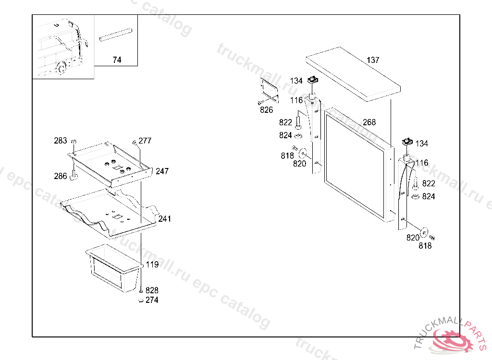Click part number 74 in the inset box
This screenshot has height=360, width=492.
tap(117, 60)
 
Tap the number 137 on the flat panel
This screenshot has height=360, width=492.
tap(373, 60)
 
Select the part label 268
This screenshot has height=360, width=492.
tap(369, 122)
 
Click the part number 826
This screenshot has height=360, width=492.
tap(266, 110)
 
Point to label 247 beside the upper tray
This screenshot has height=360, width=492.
tap(162, 171)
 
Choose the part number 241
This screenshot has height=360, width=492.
tap(164, 218)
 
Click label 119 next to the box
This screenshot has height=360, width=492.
tap(152, 264)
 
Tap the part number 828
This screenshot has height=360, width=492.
tap(152, 290)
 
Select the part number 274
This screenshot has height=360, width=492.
tap(152, 300)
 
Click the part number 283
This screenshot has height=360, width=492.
tap(61, 141)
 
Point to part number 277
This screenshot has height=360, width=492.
tap(145, 141)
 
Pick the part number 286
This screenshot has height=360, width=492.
tap(61, 176)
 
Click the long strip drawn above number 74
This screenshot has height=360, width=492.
tap(116, 35)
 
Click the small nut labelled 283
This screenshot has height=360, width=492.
tap(74, 142)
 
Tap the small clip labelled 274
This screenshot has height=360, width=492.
tap(141, 301)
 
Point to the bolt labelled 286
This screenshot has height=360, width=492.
tap(74, 176)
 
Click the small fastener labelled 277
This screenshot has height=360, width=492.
tap(135, 143)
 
